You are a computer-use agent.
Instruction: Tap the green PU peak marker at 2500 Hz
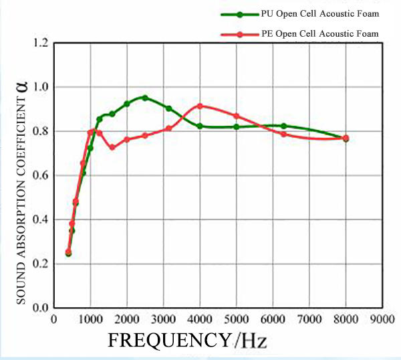tap(144, 98)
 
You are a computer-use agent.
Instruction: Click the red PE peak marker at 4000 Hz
tap(200, 106)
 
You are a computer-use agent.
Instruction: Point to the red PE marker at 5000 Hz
tap(236, 116)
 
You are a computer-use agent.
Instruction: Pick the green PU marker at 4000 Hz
tap(200, 126)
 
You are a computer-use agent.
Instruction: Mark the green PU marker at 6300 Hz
tap(283, 126)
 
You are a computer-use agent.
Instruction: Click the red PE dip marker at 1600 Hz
tap(112, 147)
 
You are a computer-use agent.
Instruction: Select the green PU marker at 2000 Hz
tap(127, 104)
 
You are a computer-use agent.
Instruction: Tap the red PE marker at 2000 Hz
tap(127, 139)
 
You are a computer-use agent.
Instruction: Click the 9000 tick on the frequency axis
tap(382, 319)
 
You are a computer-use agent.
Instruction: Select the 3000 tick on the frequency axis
tap(163, 319)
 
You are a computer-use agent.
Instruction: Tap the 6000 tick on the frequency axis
tap(273, 319)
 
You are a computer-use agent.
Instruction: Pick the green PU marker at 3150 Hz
tap(168, 108)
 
